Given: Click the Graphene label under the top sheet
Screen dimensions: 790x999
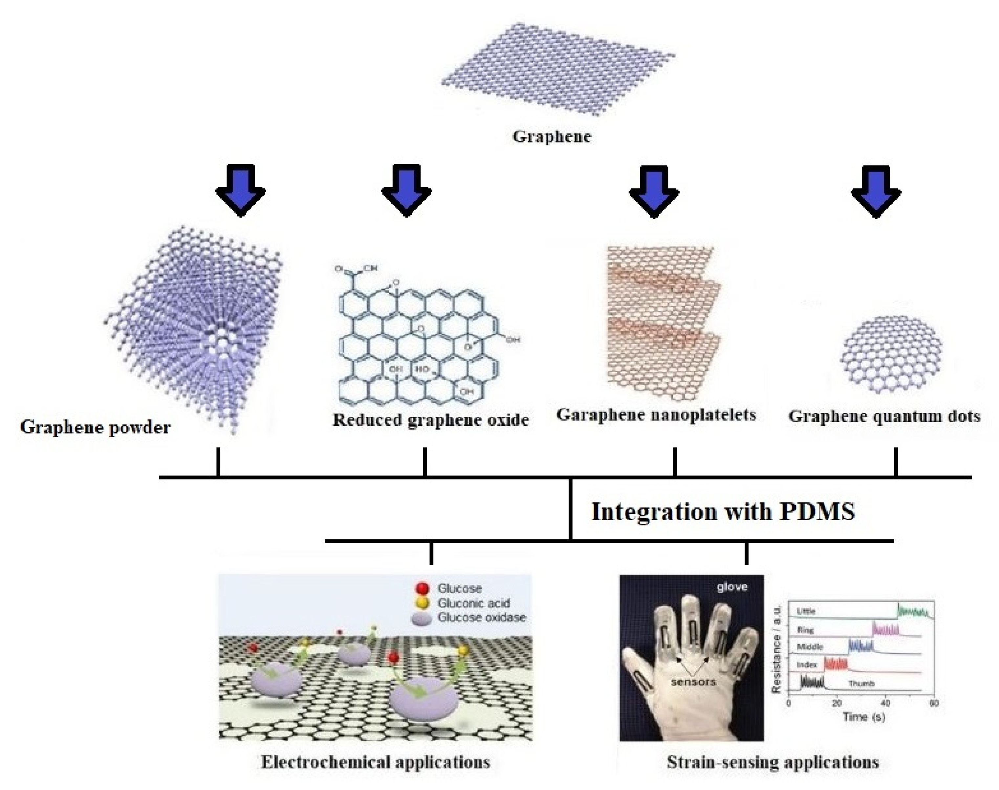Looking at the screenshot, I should (552, 136).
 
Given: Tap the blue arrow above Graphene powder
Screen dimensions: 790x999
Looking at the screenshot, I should (240, 189).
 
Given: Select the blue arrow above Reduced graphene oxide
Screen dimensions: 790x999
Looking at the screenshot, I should (406, 189).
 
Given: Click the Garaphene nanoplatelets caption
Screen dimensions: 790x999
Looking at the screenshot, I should (656, 415).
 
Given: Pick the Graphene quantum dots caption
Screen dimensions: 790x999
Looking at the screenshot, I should (884, 416).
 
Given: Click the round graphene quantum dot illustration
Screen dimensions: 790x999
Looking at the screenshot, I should (890, 354).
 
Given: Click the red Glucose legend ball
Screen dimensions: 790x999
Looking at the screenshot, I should (423, 588).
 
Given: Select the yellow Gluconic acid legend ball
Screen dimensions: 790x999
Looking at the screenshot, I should (423, 603).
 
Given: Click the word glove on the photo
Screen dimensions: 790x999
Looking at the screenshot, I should (732, 587).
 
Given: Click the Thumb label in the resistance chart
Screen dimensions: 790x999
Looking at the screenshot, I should (861, 683).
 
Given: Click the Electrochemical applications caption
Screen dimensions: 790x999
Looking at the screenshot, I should (375, 762).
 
